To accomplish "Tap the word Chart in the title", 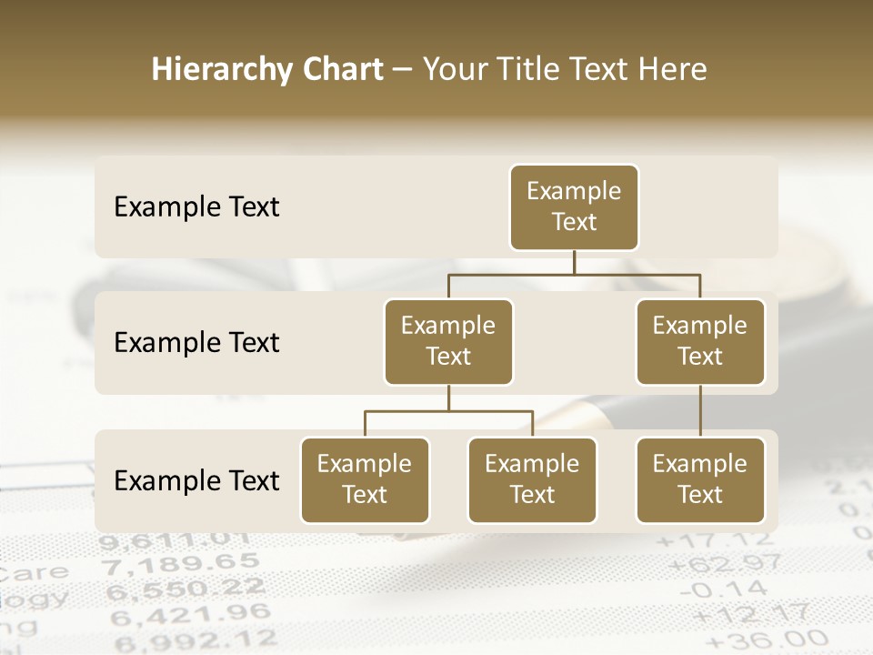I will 339,70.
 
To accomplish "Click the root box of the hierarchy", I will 574,207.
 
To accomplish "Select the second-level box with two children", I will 448,342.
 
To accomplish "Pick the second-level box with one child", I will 700,342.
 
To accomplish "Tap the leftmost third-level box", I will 365,480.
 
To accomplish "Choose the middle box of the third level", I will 532,480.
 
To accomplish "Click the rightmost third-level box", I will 700,480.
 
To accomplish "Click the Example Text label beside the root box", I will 196,207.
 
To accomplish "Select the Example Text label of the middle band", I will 196,343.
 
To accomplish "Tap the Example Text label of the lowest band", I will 196,481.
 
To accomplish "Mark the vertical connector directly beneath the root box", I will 574,262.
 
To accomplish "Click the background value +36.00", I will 747,640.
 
